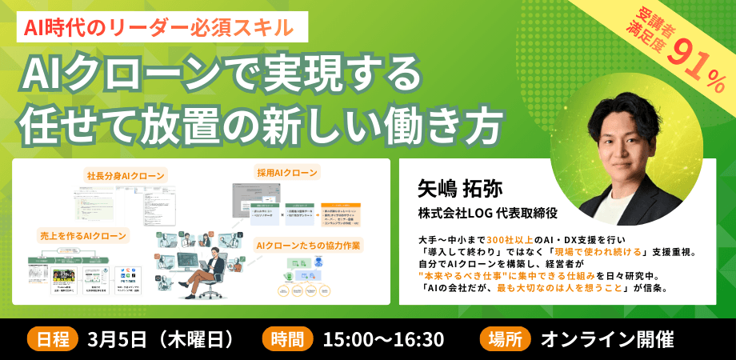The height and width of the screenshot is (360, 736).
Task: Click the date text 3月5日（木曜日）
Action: (162, 338)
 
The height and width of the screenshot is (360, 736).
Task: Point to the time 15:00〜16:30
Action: (383, 338)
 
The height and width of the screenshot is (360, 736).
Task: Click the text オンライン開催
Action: (607, 338)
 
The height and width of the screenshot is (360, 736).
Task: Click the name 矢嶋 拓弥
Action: (458, 189)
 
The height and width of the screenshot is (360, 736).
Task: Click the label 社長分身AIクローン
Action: (126, 175)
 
